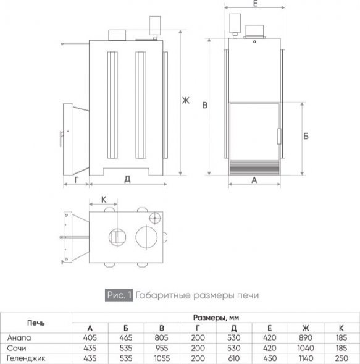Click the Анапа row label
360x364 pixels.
click(x=19, y=337)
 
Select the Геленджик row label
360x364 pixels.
click(x=26, y=358)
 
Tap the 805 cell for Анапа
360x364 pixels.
click(x=161, y=337)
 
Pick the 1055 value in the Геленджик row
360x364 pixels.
click(x=162, y=358)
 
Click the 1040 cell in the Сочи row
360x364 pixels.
click(x=306, y=348)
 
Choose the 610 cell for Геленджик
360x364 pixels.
click(x=234, y=358)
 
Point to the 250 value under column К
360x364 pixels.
click(x=341, y=358)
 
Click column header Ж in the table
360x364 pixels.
click(x=306, y=328)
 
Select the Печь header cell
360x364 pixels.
click(x=36, y=323)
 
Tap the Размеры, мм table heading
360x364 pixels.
click(x=216, y=317)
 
